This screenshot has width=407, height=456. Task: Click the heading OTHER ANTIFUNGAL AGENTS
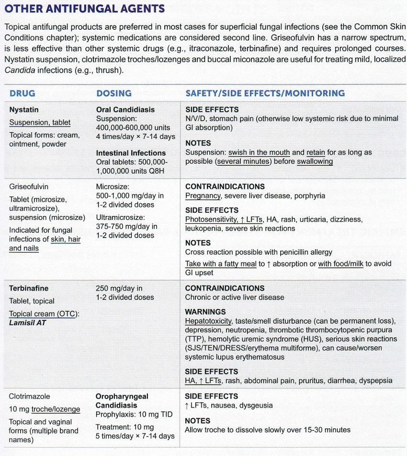pyautogui.click(x=85, y=9)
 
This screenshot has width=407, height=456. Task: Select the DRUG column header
pyautogui.click(x=22, y=93)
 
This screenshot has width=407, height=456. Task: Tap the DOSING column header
pyautogui.click(x=114, y=93)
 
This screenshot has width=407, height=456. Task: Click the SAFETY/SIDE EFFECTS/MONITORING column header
pyautogui.click(x=265, y=93)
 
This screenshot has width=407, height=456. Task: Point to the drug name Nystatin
pyautogui.click(x=24, y=110)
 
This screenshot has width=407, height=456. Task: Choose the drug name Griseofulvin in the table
pyautogui.click(x=29, y=186)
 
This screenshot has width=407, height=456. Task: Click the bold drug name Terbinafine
pyautogui.click(x=29, y=288)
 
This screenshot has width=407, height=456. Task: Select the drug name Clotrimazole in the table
pyautogui.click(x=30, y=397)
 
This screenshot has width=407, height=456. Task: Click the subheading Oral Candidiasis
pyautogui.click(x=125, y=110)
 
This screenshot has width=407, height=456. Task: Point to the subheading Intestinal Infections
pyautogui.click(x=132, y=153)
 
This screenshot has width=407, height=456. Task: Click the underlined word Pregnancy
pyautogui.click(x=203, y=195)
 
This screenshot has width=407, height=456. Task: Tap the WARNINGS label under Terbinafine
pyautogui.click(x=205, y=312)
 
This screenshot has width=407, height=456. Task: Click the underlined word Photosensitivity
pyautogui.click(x=210, y=219)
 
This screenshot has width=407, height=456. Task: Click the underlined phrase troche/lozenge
pyautogui.click(x=56, y=409)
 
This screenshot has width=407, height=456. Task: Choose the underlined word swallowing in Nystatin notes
pyautogui.click(x=315, y=161)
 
